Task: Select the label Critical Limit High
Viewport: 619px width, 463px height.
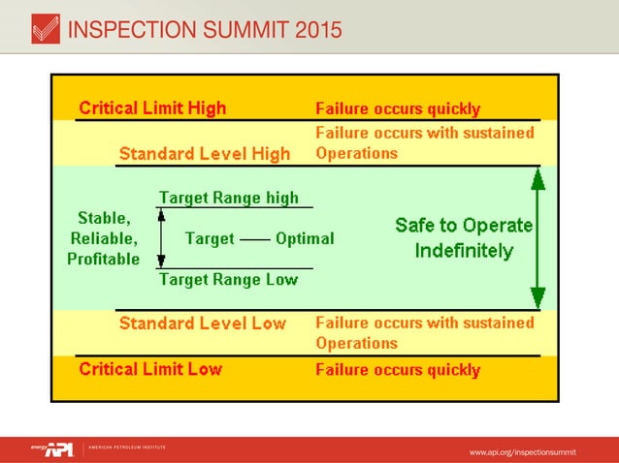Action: click(152, 108)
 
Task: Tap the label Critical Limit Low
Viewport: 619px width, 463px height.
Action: click(150, 369)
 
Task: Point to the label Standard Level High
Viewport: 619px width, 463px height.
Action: click(205, 154)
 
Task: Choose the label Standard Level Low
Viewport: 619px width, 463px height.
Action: click(203, 324)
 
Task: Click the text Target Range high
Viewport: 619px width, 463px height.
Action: click(229, 198)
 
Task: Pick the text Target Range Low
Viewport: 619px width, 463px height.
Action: click(229, 280)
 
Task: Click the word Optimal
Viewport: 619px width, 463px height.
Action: click(305, 238)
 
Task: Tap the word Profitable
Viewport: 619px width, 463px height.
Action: click(104, 260)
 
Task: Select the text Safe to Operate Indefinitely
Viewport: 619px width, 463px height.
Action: click(464, 238)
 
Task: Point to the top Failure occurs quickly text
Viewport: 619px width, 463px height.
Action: click(398, 108)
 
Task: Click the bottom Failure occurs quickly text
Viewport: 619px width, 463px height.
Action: click(398, 370)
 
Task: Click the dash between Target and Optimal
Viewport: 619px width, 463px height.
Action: click(256, 238)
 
